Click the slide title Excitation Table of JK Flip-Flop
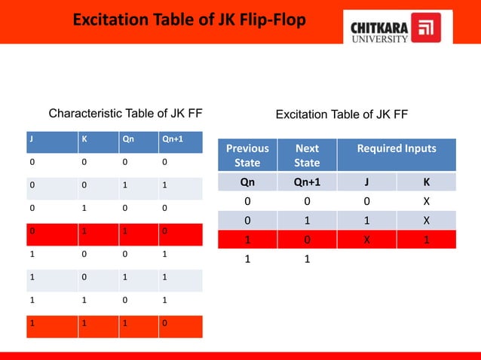pyautogui.click(x=189, y=20)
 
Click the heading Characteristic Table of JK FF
pyautogui.click(x=125, y=114)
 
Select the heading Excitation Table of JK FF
pyautogui.click(x=342, y=114)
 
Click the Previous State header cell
pyautogui.click(x=247, y=155)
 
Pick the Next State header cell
pyautogui.click(x=307, y=155)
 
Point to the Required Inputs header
pyautogui.click(x=397, y=149)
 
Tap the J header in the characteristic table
pyautogui.click(x=31, y=139)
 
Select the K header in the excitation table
pyautogui.click(x=426, y=182)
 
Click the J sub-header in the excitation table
pyautogui.click(x=367, y=182)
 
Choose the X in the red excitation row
pyautogui.click(x=367, y=241)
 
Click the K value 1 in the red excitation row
pyautogui.click(x=426, y=241)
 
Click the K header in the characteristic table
pyautogui.click(x=84, y=139)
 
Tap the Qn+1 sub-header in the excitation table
pyautogui.click(x=307, y=182)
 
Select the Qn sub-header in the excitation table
pyautogui.click(x=247, y=182)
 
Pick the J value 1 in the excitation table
pyautogui.click(x=367, y=221)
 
